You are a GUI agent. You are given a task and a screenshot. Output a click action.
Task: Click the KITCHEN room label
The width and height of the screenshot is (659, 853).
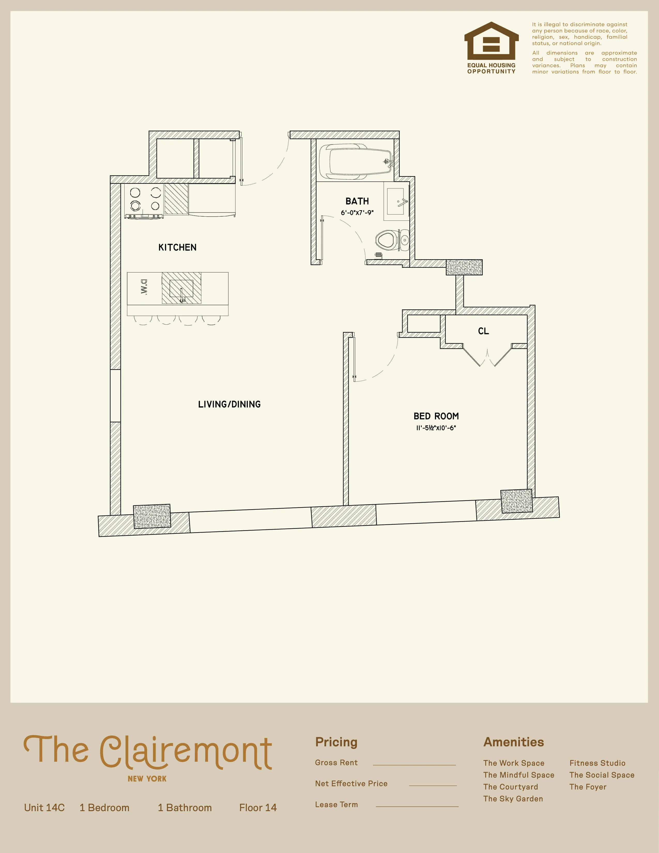(177, 247)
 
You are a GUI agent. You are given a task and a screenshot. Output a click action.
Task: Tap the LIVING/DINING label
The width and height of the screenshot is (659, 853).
(229, 404)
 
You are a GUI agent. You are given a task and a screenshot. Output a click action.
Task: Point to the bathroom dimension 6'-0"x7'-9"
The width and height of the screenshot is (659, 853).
(357, 213)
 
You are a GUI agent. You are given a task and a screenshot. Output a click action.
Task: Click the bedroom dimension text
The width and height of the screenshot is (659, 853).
(436, 428)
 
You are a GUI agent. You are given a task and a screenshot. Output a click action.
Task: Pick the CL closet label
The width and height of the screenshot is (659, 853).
(483, 331)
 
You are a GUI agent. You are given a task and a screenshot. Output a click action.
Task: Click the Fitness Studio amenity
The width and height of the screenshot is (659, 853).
(597, 763)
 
